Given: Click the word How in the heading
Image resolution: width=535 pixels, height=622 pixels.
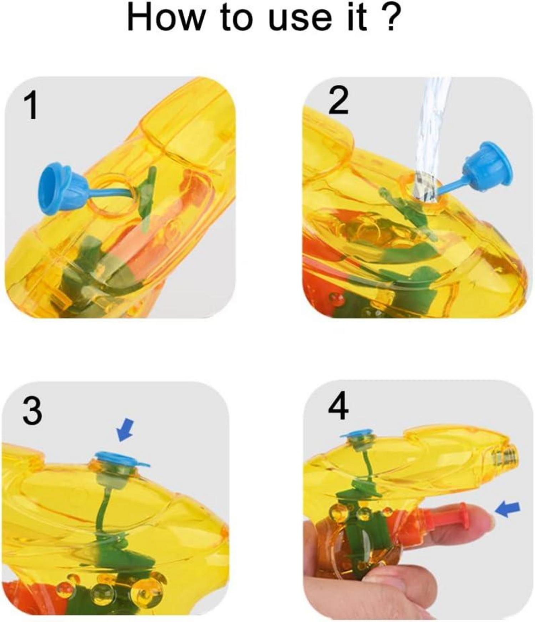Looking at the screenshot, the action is [x=166, y=17].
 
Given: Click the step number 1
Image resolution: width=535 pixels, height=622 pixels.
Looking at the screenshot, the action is [x=31, y=106].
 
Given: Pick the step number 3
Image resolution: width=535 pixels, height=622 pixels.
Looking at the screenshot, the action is [x=32, y=411].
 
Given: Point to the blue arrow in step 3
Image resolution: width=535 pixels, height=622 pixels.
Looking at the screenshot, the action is [x=125, y=430].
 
